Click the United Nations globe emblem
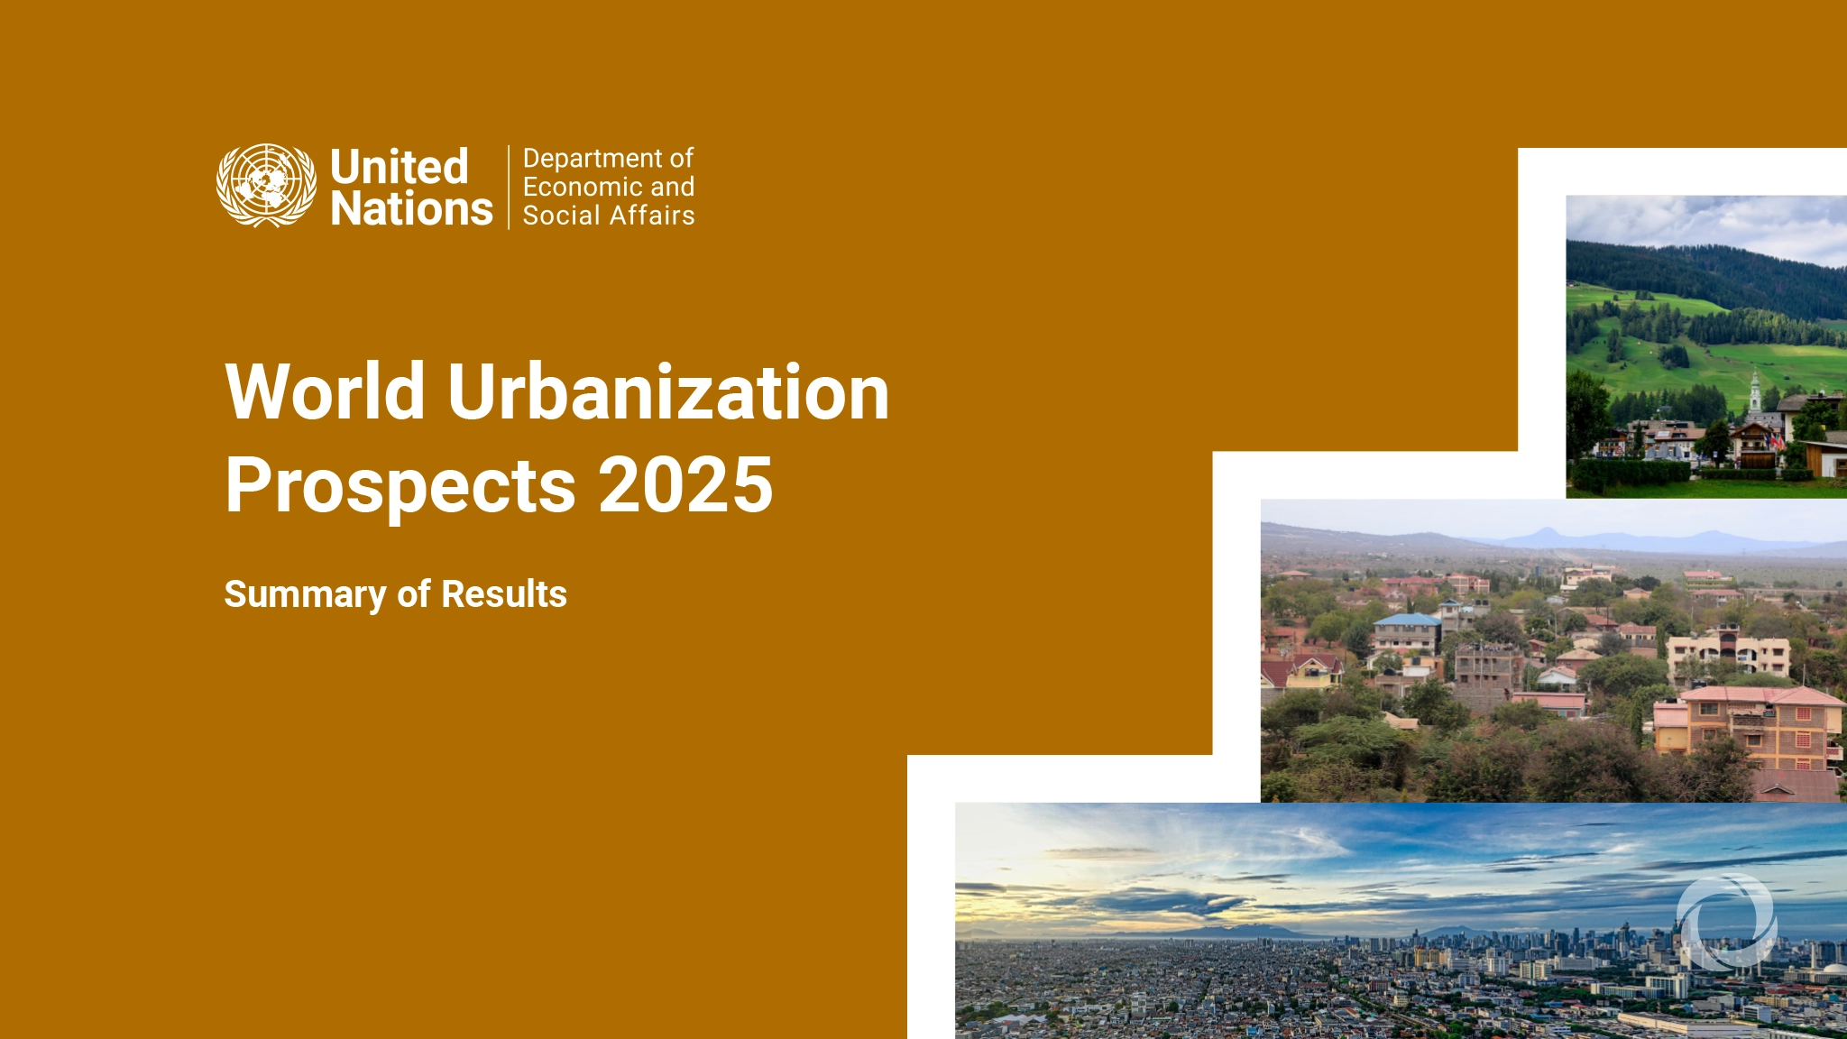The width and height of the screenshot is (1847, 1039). point(266,186)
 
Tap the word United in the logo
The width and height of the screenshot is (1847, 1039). point(399,167)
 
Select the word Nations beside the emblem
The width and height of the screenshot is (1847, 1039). point(411,209)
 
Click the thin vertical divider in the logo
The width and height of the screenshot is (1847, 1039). point(509,187)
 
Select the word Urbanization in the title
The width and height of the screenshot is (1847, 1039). point(668,392)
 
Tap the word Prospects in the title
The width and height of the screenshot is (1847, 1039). point(400,486)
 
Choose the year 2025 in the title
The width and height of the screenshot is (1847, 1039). point(685,486)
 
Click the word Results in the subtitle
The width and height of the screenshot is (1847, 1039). point(504,594)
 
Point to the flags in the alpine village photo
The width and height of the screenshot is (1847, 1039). point(1775,443)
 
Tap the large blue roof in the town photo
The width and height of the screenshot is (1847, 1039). point(1407,621)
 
